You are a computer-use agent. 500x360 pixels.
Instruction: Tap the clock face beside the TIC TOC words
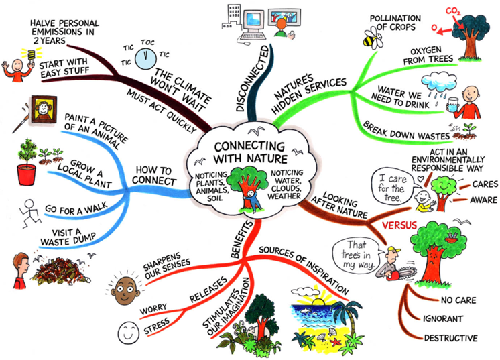click(x=145, y=58)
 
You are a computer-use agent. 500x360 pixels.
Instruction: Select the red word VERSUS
click(x=399, y=225)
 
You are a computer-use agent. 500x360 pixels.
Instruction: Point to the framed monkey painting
click(x=44, y=109)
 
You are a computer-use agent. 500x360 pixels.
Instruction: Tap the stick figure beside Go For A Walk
click(x=29, y=213)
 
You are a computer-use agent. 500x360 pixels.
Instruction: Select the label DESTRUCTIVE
click(x=450, y=338)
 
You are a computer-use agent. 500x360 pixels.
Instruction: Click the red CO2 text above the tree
click(x=453, y=11)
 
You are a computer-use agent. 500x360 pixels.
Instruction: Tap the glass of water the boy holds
click(x=452, y=105)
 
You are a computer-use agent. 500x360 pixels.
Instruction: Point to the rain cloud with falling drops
click(x=438, y=84)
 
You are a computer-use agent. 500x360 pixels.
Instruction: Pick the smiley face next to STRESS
click(x=129, y=333)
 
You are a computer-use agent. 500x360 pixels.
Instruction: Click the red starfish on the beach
click(x=336, y=343)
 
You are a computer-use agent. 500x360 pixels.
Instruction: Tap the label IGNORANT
click(x=442, y=318)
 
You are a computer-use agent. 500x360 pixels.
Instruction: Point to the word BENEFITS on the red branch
click(x=242, y=239)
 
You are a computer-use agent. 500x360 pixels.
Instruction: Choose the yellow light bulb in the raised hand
click(x=31, y=55)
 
